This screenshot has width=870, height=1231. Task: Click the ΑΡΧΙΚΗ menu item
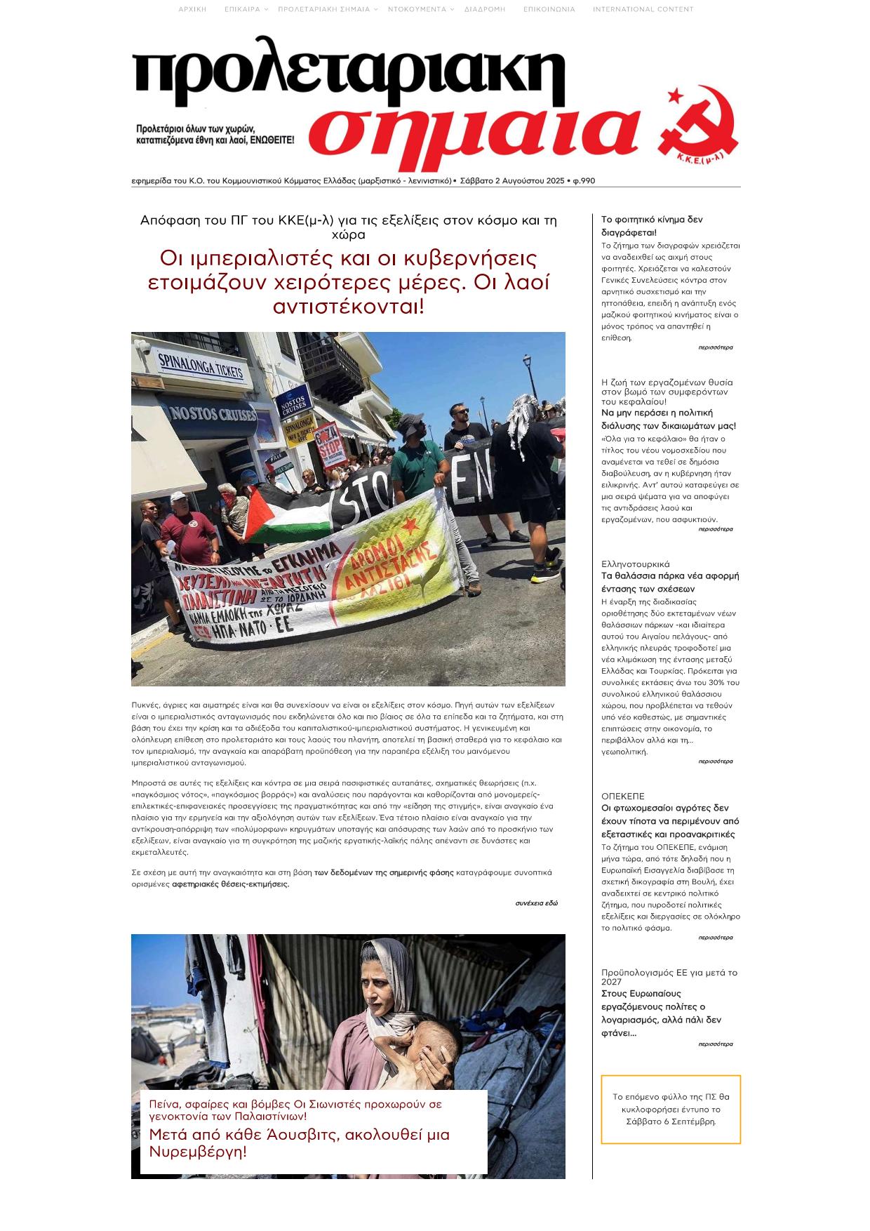point(192,9)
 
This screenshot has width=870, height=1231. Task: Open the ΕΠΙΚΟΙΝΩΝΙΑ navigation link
point(549,9)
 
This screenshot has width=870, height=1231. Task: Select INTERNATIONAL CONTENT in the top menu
point(643,9)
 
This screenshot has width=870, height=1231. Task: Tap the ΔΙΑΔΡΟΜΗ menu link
point(484,9)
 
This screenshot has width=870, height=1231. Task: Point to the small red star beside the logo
point(675,95)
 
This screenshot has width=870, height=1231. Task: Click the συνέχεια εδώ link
point(536,903)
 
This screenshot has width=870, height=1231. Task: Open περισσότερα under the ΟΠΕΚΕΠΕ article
point(715,938)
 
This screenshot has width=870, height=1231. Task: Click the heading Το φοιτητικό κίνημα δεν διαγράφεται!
point(651,226)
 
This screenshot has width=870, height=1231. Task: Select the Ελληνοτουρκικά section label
point(635,564)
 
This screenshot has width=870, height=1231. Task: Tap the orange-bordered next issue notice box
point(670,1110)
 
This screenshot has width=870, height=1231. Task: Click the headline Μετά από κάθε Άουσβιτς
point(299,1143)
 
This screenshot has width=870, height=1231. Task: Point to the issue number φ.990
point(584,181)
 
